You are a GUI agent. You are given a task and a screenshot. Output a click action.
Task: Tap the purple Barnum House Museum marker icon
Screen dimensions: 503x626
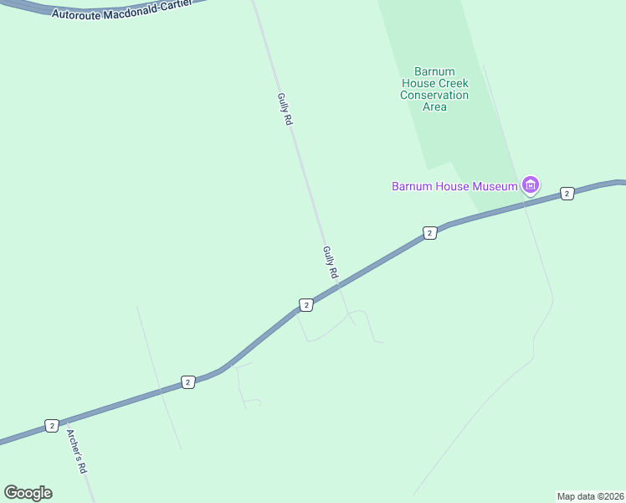point(530,184)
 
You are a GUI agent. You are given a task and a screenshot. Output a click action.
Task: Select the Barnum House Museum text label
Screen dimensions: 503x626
point(454,186)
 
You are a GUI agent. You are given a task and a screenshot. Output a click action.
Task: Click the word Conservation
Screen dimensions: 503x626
point(434,95)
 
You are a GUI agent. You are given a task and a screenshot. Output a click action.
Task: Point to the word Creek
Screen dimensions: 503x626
point(451,83)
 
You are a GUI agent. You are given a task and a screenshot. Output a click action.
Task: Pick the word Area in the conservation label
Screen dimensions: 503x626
point(434,106)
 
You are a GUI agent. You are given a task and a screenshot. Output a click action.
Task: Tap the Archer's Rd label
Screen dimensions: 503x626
point(77,453)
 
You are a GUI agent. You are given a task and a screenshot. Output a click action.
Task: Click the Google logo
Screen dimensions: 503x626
point(28,493)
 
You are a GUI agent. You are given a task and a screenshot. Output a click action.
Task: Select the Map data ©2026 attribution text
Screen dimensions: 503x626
point(590,495)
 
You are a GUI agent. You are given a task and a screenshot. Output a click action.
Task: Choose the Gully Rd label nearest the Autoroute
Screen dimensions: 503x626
point(285,109)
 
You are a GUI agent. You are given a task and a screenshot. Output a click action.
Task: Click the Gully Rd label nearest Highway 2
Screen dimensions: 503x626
point(330,262)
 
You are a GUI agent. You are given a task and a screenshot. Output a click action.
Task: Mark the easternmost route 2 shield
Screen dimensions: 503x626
point(567,194)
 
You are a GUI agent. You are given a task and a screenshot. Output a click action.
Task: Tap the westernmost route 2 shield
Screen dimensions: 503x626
point(52,426)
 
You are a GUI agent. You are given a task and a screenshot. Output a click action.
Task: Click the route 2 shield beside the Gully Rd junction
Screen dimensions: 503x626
point(306,305)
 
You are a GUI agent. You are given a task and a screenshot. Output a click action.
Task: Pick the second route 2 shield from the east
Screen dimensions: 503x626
point(429,233)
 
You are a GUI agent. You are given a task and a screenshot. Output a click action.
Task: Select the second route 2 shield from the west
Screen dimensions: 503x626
point(187,382)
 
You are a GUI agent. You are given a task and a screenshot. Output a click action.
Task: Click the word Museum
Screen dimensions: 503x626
point(499,186)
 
